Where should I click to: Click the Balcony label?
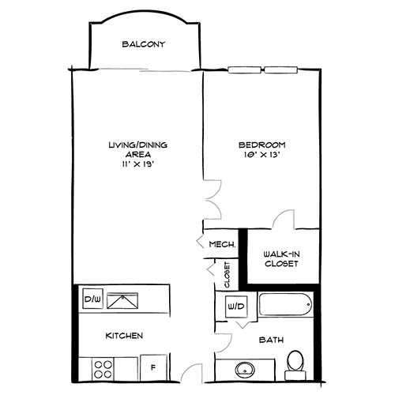coord(143,44)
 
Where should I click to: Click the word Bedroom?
coord(262,145)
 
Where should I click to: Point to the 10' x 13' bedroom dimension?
coord(262,156)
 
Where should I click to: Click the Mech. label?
coord(220,245)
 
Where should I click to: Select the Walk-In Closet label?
coord(281,258)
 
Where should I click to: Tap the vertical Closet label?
coord(227,273)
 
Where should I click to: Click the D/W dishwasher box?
coord(91,299)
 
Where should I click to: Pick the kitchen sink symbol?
coord(124,299)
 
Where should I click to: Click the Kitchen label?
coord(124,336)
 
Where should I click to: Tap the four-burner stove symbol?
coord(103,367)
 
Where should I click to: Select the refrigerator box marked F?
coord(152,367)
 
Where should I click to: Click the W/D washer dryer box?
coord(235,306)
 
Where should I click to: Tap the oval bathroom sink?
coord(244,370)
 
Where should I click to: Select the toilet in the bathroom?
coord(295,363)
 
